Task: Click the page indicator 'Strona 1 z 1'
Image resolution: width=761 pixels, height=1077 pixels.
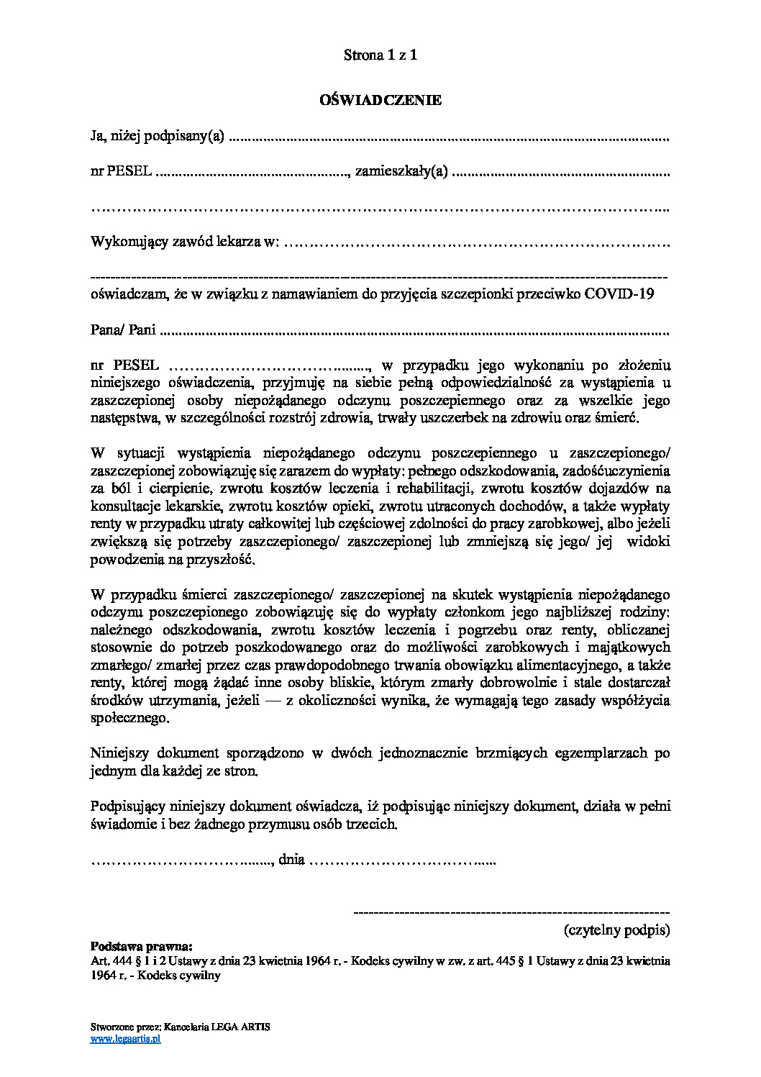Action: click(x=380, y=55)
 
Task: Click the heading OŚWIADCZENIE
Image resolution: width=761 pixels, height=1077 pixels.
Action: click(x=380, y=100)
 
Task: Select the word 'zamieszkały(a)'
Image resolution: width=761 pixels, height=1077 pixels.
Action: click(x=401, y=171)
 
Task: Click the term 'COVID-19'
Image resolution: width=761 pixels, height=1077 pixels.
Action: click(x=619, y=294)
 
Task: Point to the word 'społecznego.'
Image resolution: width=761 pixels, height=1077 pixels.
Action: click(x=130, y=718)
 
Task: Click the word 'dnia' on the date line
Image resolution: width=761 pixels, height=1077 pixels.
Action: click(x=291, y=859)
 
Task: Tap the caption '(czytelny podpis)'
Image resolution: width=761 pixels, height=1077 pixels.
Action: click(x=616, y=930)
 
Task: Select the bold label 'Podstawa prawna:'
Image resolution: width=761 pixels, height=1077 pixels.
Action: click(x=142, y=946)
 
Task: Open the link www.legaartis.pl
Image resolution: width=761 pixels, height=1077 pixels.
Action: click(x=125, y=1038)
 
